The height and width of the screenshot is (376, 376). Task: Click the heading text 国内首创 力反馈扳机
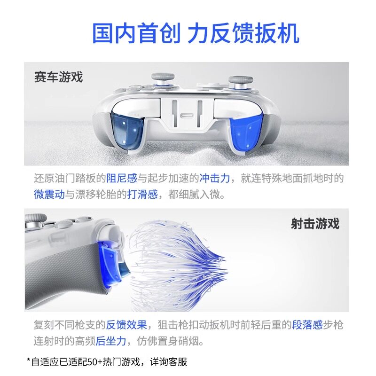point(195,34)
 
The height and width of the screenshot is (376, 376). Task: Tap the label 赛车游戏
point(58,77)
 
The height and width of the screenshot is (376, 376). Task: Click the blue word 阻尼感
point(121,179)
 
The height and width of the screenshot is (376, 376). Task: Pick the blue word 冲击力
point(214,179)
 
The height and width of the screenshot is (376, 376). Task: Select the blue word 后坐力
point(111,341)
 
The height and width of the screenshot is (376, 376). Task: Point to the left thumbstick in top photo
point(163,81)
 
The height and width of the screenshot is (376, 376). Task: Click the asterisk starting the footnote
point(28,360)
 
